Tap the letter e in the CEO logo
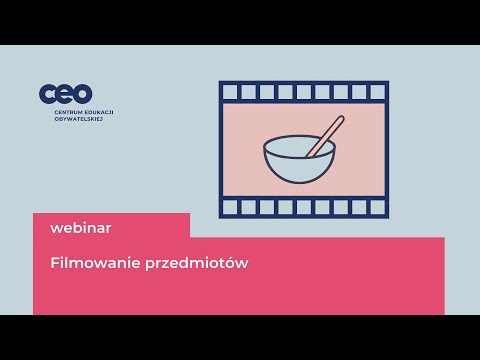[65, 94]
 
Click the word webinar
[81, 227]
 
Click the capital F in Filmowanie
[54, 264]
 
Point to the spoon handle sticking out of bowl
[330, 132]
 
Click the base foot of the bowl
[298, 182]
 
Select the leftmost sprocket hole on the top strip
[231, 92]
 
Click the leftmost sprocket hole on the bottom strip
[231, 208]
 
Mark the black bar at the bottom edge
[240, 337]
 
